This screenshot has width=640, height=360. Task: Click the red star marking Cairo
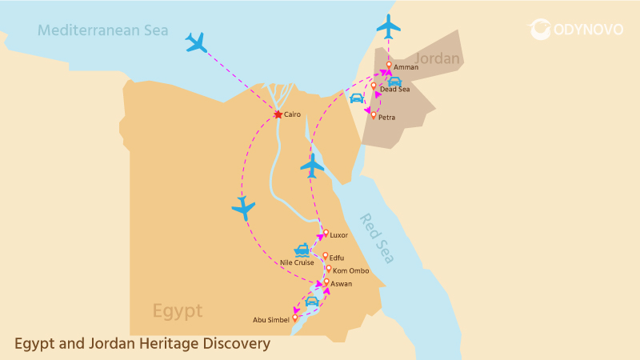278,115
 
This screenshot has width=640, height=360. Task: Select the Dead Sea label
394,90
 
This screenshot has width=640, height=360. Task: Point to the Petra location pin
373,115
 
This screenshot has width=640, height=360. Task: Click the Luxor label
339,235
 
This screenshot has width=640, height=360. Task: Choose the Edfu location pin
325,256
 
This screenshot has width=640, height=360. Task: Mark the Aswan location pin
326,282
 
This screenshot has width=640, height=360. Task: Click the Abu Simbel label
270,320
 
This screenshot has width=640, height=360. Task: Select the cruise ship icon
302,250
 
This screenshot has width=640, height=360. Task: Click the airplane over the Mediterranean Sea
196,42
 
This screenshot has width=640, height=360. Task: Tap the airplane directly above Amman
388,26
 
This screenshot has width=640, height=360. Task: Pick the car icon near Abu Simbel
311,302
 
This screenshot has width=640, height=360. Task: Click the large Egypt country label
178,310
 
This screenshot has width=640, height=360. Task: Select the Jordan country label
438,58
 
